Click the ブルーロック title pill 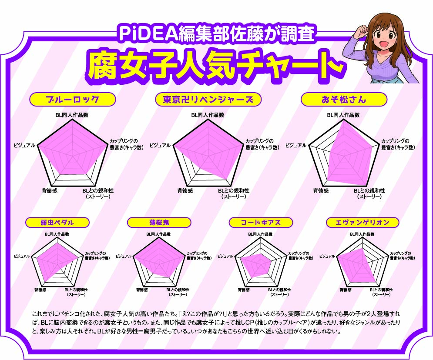coord(72,99)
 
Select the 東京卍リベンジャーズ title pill coord(208,99)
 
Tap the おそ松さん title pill coord(344,99)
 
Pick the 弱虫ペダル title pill coord(57,222)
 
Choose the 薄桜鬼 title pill coord(159,222)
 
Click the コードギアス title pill coord(261,222)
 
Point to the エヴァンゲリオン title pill coord(363,222)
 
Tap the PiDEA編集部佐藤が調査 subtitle coord(217,33)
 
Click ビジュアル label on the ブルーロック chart coord(24,145)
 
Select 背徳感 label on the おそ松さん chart coord(321,190)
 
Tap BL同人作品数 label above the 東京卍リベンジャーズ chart coord(208,115)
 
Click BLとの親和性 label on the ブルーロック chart coord(98,193)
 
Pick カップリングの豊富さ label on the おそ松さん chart coord(398,144)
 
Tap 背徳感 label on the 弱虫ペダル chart coord(40,290)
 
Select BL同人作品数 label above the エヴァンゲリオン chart coord(362,234)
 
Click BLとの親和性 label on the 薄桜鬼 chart coord(178,292)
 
